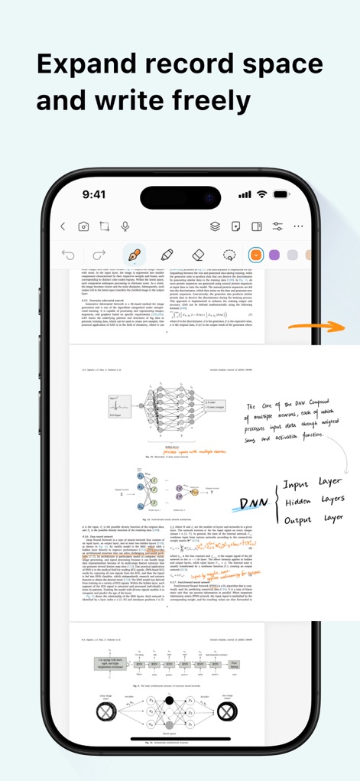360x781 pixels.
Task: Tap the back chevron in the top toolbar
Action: [x=63, y=226]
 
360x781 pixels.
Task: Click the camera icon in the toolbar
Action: [x=83, y=226]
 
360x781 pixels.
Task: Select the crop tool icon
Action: [x=104, y=226]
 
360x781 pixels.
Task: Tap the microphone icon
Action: [x=125, y=226]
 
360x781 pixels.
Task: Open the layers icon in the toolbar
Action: [x=216, y=226]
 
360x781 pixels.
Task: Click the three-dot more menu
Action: [x=298, y=226]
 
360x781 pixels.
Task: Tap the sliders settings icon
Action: [x=277, y=226]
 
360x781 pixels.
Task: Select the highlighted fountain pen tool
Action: [x=135, y=255]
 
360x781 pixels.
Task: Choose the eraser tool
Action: [x=197, y=255]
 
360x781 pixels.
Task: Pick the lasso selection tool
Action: [x=229, y=255]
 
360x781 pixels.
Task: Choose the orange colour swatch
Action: [x=256, y=255]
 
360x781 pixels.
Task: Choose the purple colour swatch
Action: [x=274, y=255]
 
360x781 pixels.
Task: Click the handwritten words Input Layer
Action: [x=311, y=483]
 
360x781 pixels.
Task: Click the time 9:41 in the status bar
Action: [x=94, y=194]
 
